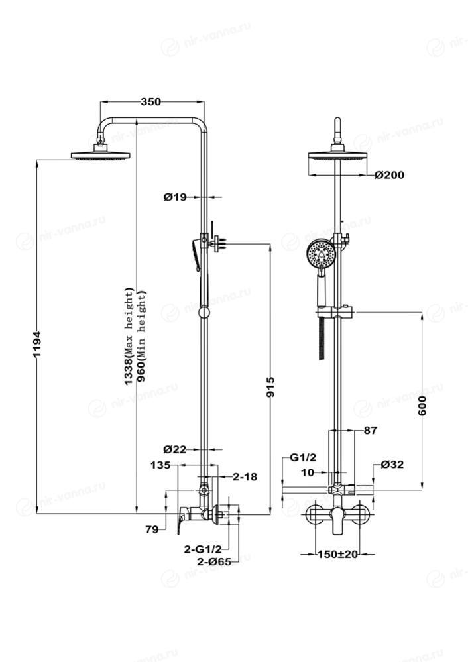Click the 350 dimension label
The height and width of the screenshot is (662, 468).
point(151,102)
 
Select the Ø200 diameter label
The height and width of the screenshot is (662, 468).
point(388,175)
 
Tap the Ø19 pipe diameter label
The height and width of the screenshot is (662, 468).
point(176,197)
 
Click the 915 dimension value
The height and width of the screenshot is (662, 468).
point(270,388)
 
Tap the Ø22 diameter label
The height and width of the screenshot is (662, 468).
point(176,449)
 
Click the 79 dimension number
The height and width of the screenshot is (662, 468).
point(152,529)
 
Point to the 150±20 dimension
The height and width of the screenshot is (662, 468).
point(337,554)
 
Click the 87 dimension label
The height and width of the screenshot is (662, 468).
point(370,430)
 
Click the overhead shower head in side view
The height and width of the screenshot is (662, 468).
point(101,155)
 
